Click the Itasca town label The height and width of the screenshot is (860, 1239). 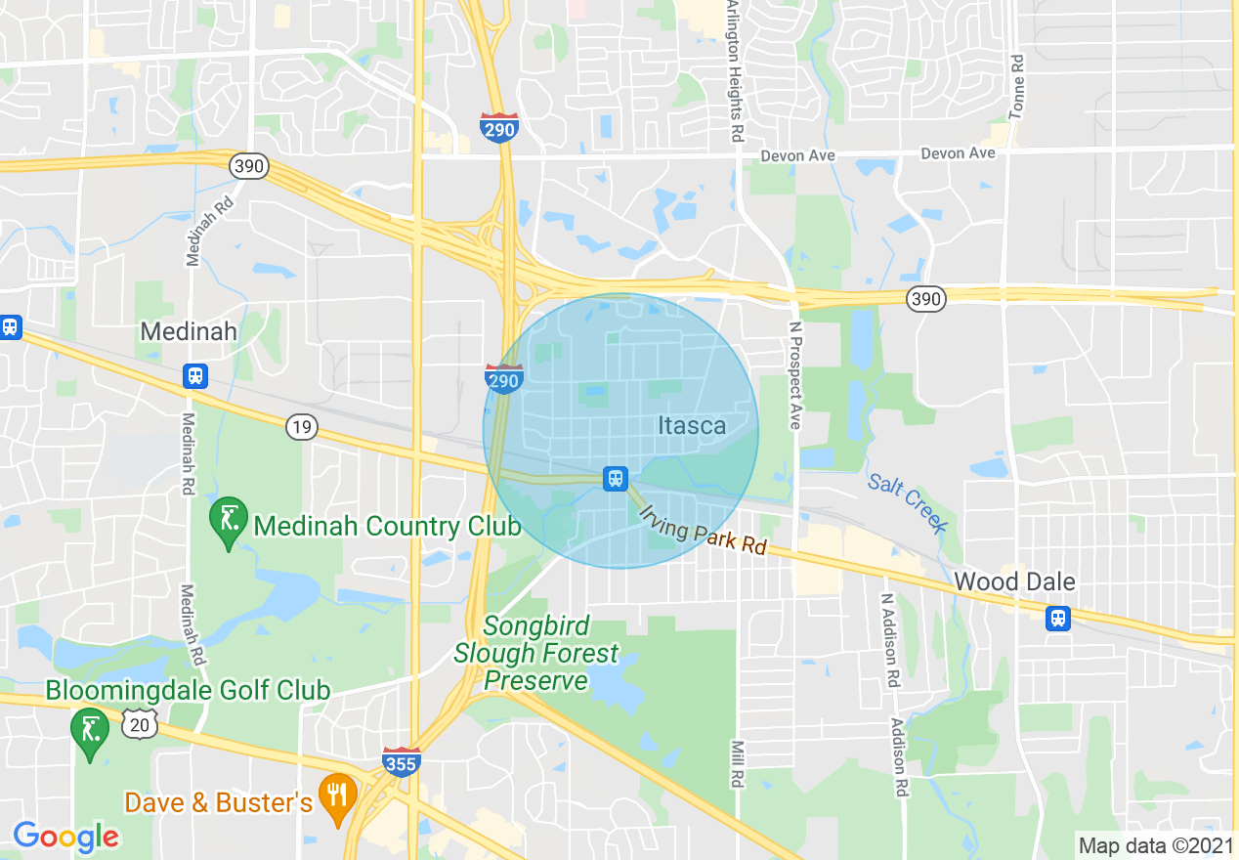click(x=692, y=425)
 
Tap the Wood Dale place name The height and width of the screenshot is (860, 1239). click(x=1014, y=581)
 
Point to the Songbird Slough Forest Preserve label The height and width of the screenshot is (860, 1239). click(x=536, y=653)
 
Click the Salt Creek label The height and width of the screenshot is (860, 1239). click(x=908, y=502)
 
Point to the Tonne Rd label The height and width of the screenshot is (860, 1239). click(x=1017, y=86)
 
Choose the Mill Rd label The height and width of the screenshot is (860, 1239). click(x=738, y=764)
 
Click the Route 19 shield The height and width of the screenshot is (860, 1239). click(x=302, y=426)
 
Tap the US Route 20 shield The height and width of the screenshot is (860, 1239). click(x=141, y=723)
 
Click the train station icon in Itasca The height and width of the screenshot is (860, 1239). click(x=615, y=477)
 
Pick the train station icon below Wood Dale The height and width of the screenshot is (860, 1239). click(x=1057, y=618)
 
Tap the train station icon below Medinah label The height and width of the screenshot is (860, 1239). click(x=195, y=375)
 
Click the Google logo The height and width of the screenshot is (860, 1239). click(x=66, y=836)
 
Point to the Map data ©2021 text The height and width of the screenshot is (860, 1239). click(x=1156, y=844)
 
